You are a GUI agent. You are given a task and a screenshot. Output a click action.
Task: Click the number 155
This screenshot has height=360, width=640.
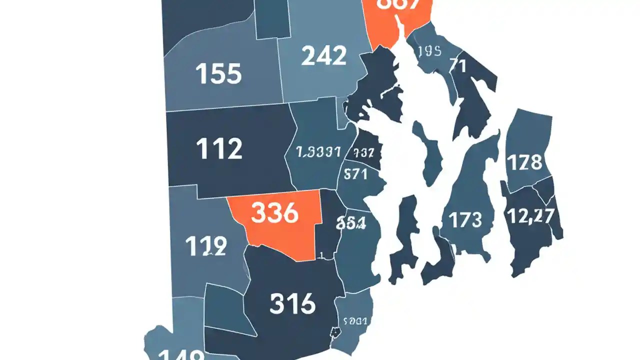pyautogui.click(x=219, y=74)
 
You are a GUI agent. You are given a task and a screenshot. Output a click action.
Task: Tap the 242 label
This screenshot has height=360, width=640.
pyautogui.click(x=324, y=55)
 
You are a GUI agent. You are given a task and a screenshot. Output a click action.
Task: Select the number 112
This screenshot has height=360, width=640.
pyautogui.click(x=219, y=148)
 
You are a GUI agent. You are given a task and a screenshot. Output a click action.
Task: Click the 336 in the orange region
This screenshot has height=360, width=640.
pyautogui.click(x=274, y=213)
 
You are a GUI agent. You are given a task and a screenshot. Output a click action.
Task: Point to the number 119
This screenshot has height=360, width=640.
pyautogui.click(x=206, y=246)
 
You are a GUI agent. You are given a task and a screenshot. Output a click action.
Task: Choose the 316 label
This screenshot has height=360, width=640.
pyautogui.click(x=292, y=303)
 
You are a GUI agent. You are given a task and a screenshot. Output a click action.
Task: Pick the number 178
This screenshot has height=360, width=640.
pyautogui.click(x=524, y=162)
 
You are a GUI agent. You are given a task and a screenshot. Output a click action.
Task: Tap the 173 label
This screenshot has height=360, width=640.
pyautogui.click(x=465, y=219)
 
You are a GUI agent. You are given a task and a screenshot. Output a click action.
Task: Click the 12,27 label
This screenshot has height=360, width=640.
pyautogui.click(x=530, y=216)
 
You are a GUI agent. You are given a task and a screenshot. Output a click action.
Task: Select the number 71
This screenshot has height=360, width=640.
pyautogui.click(x=457, y=65)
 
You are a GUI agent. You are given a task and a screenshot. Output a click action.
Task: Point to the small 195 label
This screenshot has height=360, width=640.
pyautogui.click(x=428, y=51)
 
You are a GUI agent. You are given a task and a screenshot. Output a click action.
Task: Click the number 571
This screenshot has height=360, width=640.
pyautogui.click(x=355, y=174)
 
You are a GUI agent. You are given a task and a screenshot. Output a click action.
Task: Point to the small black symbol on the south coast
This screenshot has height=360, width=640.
pyautogui.click(x=335, y=332)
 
